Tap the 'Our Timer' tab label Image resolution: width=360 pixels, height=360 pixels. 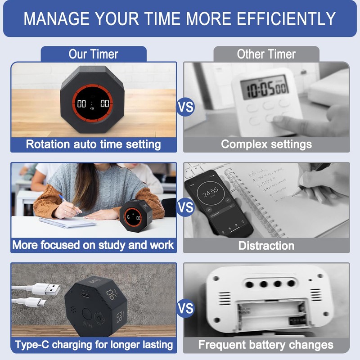[93, 54]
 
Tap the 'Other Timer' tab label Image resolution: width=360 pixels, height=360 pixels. [266, 54]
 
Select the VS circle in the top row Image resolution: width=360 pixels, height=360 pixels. [185, 108]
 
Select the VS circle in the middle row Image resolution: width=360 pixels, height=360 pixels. [185, 207]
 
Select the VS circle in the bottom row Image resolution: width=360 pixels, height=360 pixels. [185, 309]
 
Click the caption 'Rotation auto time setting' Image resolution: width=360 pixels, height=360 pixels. [93, 144]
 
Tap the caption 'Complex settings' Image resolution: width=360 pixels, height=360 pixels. [266, 144]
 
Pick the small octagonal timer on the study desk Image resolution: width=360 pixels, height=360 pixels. [133, 218]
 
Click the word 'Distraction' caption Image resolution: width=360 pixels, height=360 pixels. [266, 246]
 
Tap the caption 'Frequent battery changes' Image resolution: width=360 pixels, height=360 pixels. [266, 345]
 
